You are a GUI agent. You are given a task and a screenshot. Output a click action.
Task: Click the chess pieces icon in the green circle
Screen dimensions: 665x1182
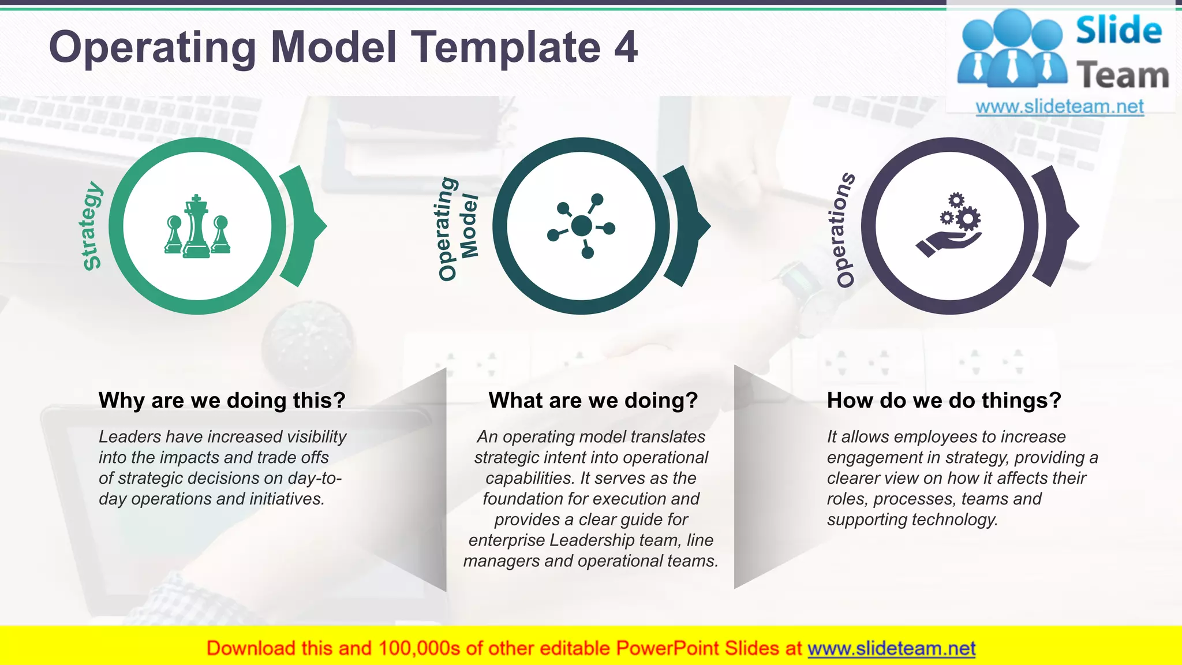tap(197, 227)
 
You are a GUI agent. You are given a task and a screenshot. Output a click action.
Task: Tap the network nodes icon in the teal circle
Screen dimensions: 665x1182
tap(581, 226)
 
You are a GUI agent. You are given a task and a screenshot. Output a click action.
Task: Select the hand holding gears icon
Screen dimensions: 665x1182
tap(949, 226)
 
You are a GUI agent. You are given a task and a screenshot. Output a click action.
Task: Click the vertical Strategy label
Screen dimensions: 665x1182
tap(91, 226)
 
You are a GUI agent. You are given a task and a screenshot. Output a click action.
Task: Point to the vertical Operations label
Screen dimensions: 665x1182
tap(845, 229)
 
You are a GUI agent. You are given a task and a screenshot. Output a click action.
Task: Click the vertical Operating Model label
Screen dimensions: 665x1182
tap(457, 228)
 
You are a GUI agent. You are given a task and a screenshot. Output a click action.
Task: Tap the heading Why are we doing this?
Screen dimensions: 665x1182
tap(222, 400)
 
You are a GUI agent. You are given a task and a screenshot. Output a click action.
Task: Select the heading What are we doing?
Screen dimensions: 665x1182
tap(593, 400)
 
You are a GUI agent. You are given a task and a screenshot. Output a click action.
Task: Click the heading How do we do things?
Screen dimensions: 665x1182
tap(944, 400)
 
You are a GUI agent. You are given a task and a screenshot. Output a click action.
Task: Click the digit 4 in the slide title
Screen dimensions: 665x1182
tap(626, 47)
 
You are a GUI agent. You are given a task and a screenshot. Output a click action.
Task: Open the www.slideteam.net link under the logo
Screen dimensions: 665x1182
tap(1059, 107)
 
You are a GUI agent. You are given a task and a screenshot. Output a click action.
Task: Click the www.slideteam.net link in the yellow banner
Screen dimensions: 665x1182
tap(891, 648)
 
